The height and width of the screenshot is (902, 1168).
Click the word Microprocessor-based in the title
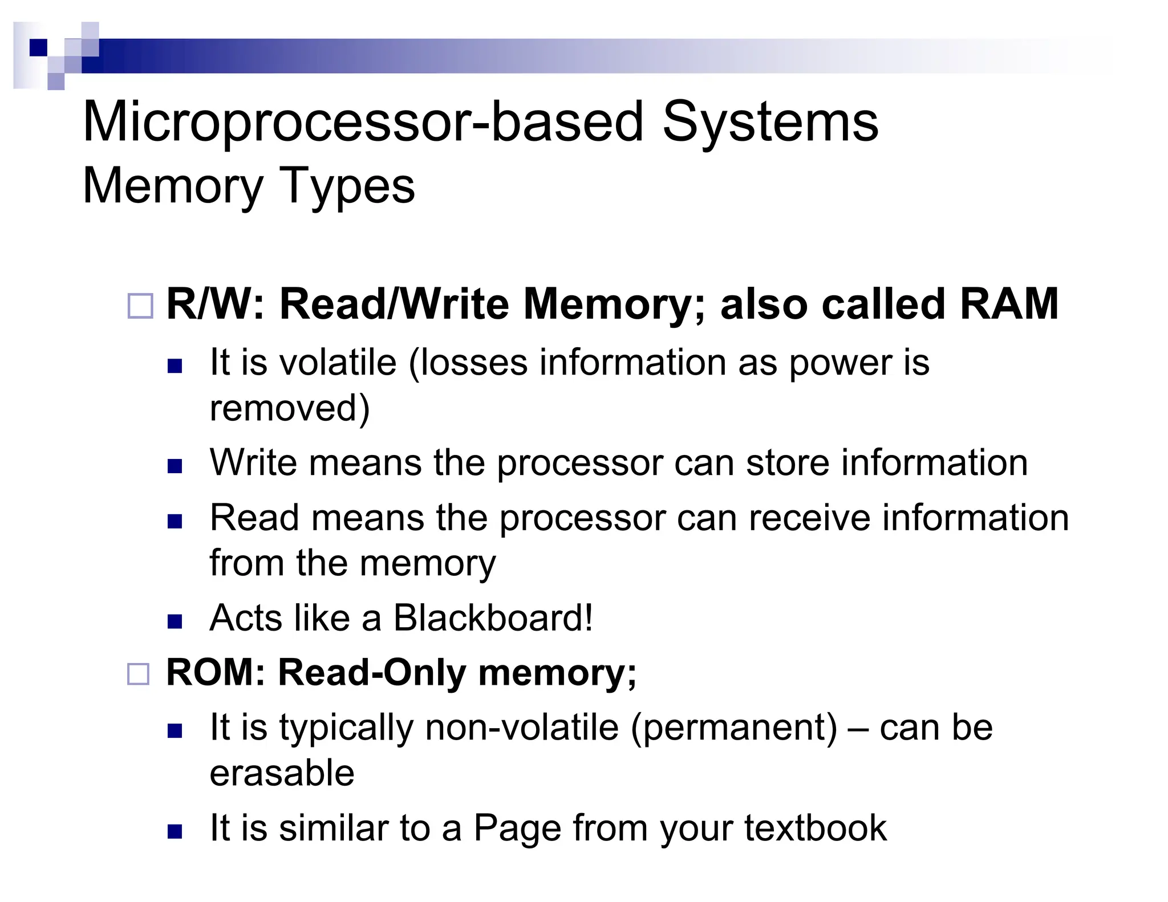[x=363, y=123]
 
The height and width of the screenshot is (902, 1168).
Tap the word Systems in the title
[x=770, y=123]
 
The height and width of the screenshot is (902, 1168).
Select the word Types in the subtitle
[x=348, y=186]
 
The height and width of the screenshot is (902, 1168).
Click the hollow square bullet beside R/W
[x=140, y=306]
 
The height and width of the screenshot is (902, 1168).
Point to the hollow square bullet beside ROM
[x=138, y=674]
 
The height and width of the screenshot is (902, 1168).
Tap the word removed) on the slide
[x=290, y=408]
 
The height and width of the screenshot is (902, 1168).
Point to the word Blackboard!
[x=493, y=618]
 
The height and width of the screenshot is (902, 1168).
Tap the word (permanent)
[x=735, y=728]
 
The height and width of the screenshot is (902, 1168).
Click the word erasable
[x=282, y=773]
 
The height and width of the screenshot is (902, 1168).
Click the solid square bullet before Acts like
[x=175, y=621]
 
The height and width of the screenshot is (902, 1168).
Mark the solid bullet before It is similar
[x=175, y=831]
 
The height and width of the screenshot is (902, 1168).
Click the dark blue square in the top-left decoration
[x=38, y=47]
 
